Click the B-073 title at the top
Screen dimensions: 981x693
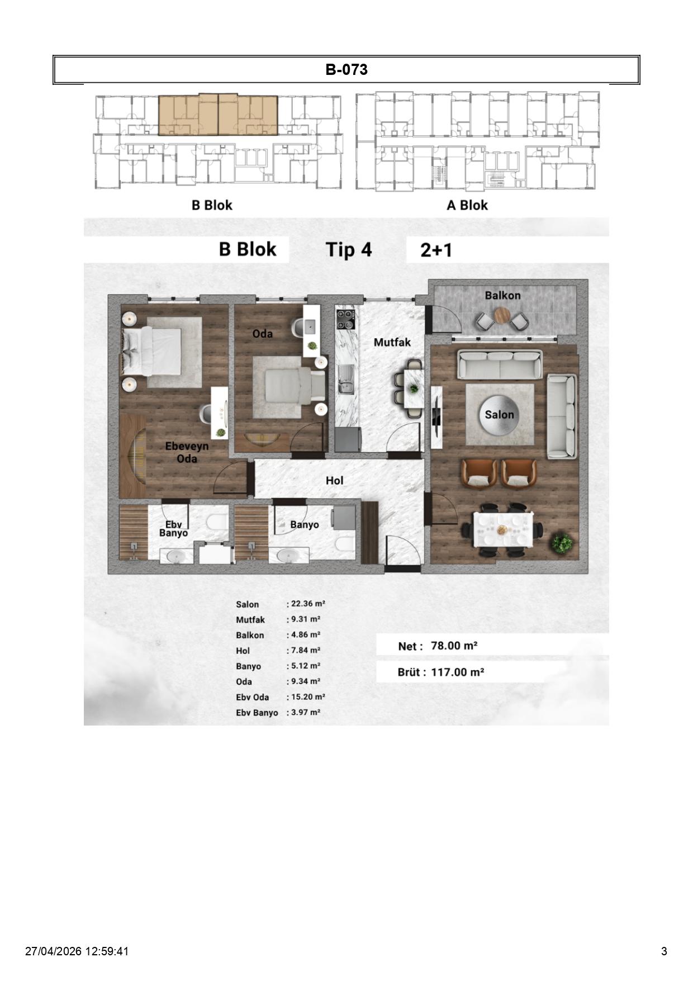coord(346,70)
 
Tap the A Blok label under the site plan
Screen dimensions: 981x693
coord(467,205)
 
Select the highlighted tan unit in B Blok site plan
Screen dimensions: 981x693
coord(217,115)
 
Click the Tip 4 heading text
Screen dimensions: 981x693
coord(348,249)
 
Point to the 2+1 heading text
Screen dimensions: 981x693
coord(436,250)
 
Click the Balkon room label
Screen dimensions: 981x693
coord(502,295)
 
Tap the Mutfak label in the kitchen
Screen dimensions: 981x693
coord(392,342)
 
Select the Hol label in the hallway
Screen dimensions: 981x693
coord(334,480)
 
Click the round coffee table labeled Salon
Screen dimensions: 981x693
coord(499,415)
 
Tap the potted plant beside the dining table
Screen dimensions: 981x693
coord(562,542)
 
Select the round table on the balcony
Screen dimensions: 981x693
coord(502,316)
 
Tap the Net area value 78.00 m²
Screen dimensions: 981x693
coord(454,646)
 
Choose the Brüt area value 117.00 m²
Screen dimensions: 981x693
coord(457,672)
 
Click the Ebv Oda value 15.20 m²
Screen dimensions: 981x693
coord(308,697)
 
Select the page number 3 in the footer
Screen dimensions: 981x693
coord(664,951)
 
